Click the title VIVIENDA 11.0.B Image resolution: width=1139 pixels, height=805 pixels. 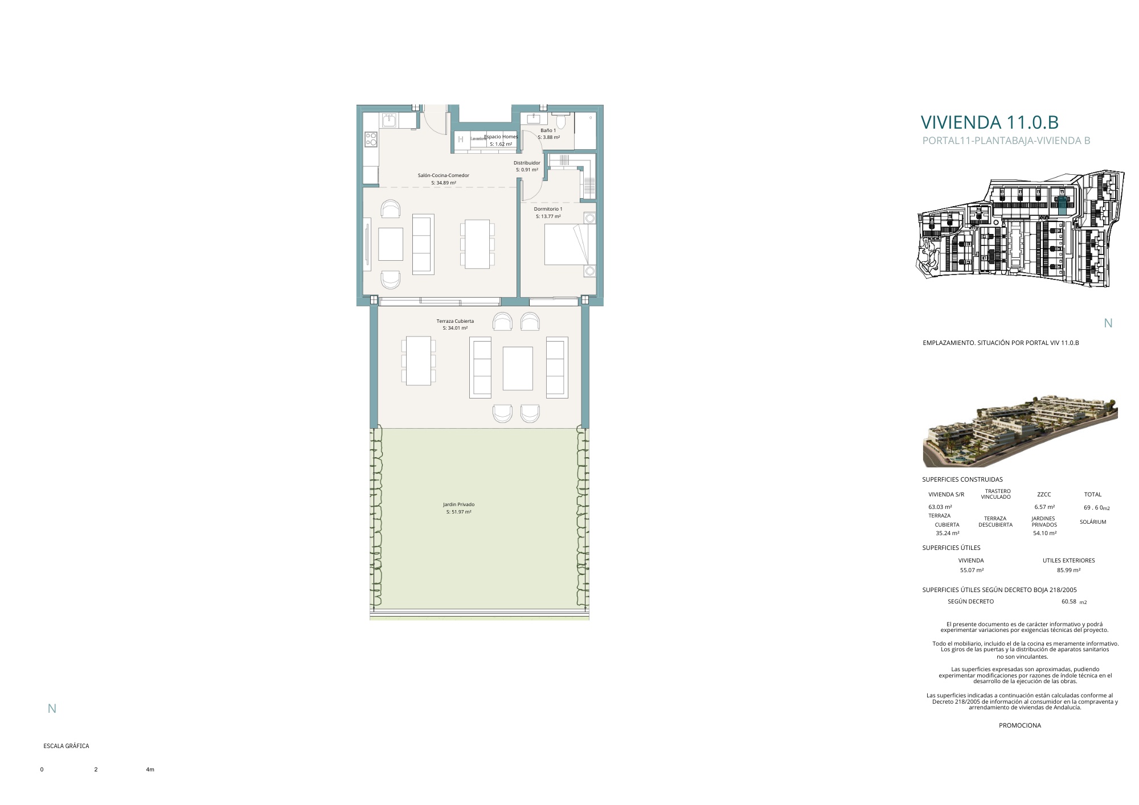tap(989, 122)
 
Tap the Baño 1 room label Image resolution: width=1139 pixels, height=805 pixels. tap(548, 130)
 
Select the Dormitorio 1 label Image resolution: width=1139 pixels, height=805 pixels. tap(548, 209)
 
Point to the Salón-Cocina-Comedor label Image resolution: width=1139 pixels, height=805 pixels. tap(444, 175)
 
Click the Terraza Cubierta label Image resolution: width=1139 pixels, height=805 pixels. tap(455, 321)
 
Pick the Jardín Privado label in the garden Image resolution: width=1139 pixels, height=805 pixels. tap(458, 504)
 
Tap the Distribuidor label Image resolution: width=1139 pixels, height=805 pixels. tap(527, 163)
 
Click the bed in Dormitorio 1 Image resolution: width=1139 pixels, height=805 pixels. tap(570, 244)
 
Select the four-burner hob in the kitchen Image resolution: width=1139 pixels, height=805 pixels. tap(371, 138)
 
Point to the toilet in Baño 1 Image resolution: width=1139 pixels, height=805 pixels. tap(561, 121)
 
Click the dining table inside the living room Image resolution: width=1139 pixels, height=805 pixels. tap(477, 244)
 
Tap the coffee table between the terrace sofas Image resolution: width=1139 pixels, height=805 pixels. tap(518, 368)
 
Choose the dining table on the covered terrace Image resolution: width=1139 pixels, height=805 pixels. tap(419, 361)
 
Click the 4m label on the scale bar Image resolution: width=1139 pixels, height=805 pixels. tap(150, 770)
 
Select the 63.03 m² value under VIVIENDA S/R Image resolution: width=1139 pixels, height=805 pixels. tap(940, 507)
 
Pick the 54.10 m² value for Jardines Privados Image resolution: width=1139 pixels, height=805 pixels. tap(1044, 533)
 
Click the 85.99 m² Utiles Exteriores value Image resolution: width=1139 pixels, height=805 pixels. tap(1068, 570)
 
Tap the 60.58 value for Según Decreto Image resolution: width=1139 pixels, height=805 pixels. tap(1069, 601)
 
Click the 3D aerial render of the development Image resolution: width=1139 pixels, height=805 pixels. tap(1020, 430)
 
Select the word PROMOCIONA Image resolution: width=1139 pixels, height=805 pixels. tap(1020, 725)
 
